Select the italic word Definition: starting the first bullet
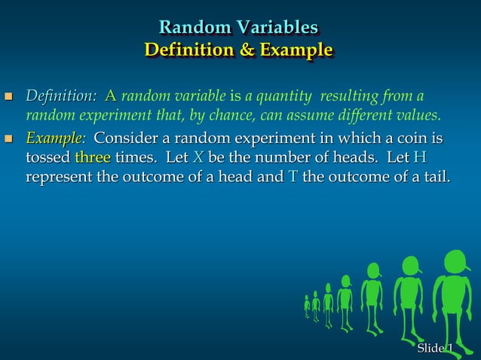click(61, 96)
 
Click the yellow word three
click(93, 158)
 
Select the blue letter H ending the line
click(421, 158)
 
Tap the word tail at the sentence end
click(436, 178)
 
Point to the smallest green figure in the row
click(307, 305)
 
